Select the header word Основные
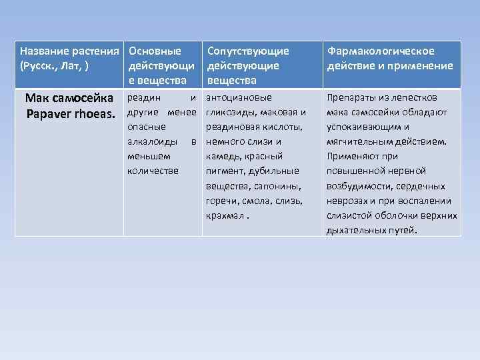pyautogui.click(x=155, y=51)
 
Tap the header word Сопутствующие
pyautogui.click(x=248, y=51)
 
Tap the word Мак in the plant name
pyautogui.click(x=37, y=98)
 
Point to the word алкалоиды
pyautogui.click(x=152, y=141)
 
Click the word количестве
pyautogui.click(x=153, y=171)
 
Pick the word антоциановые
pyautogui.click(x=239, y=97)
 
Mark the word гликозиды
pyautogui.click(x=232, y=112)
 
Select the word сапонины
pyautogui.click(x=279, y=185)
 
